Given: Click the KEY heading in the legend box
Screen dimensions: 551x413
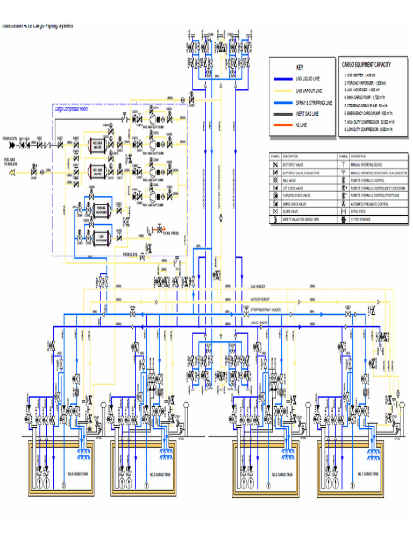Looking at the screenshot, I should (x=300, y=68).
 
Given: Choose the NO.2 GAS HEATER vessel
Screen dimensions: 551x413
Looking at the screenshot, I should (x=97, y=146).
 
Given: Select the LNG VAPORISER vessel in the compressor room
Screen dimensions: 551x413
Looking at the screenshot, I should (x=101, y=236).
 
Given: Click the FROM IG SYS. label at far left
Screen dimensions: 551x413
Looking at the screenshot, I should (x=10, y=138).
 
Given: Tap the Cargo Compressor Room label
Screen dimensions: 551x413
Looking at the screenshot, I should (x=73, y=109).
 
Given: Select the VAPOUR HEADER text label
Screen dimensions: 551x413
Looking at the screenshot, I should (x=260, y=299).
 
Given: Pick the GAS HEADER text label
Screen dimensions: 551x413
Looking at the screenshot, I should (x=258, y=286).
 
